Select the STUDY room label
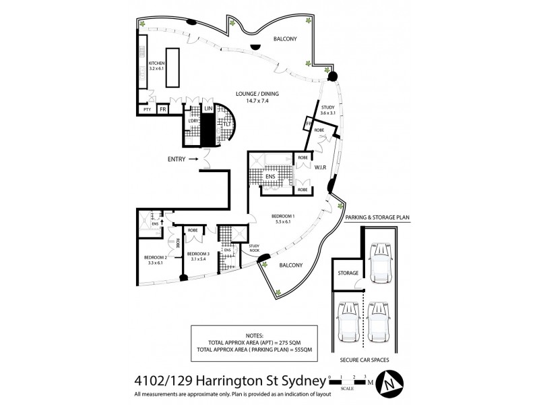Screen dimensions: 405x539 (328, 107)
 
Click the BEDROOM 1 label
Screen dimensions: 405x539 (283, 217)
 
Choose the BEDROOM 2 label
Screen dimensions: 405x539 (156, 257)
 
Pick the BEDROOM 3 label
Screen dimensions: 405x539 (199, 254)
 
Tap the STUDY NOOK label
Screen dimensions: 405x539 (255, 248)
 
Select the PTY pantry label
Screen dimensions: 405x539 (146, 109)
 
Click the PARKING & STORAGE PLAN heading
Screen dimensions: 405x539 (377, 218)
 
